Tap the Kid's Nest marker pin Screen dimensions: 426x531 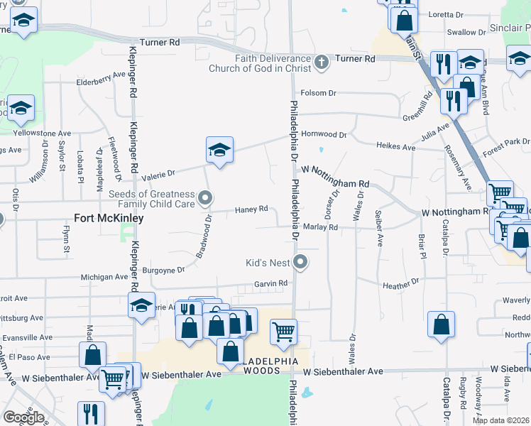click(300, 263)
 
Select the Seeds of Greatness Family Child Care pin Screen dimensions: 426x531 click(206, 197)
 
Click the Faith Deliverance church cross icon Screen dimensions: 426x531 click(322, 62)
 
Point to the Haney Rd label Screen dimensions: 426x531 click(251, 209)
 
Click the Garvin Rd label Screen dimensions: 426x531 click(271, 283)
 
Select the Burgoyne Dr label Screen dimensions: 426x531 click(163, 270)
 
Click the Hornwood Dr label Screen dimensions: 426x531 click(324, 134)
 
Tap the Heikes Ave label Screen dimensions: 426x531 click(395, 147)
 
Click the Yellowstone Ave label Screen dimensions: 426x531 click(43, 133)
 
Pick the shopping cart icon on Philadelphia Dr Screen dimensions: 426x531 click(283, 332)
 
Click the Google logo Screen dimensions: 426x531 click(23, 417)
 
